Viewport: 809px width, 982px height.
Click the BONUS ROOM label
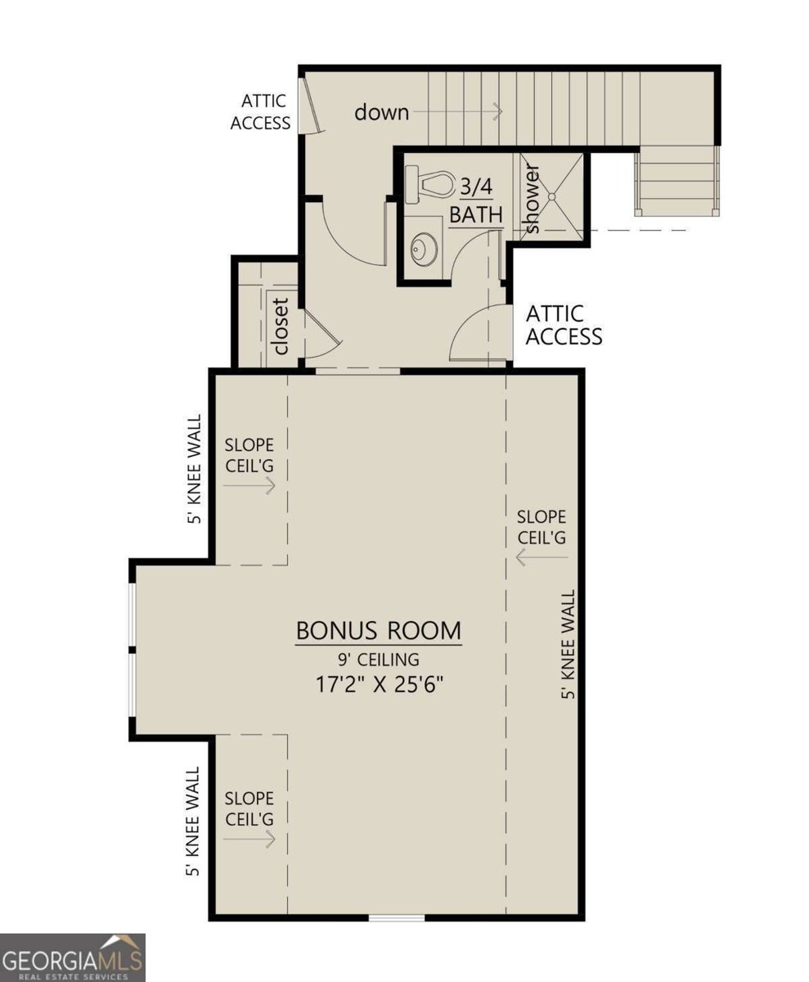pos(379,631)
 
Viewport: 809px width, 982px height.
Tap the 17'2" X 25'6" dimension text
pos(379,683)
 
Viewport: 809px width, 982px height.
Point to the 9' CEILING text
pos(379,659)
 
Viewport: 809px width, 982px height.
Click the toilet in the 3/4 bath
pos(429,184)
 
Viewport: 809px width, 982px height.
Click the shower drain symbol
pos(552,196)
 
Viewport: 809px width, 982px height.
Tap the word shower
pos(532,199)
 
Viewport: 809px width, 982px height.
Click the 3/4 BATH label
pos(475,201)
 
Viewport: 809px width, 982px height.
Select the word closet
pos(281,325)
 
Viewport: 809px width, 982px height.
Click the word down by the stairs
pos(381,111)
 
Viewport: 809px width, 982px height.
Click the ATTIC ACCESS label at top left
pos(261,112)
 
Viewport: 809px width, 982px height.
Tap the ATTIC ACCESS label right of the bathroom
pos(564,325)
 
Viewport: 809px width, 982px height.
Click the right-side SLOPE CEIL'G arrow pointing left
pos(542,558)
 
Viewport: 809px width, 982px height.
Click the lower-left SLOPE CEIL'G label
pos(249,808)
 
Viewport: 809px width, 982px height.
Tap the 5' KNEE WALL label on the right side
pos(569,644)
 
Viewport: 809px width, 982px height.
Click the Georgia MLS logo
pos(73,957)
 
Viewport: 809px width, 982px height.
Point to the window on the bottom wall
pos(397,917)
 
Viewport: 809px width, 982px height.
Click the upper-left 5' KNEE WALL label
pos(194,473)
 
